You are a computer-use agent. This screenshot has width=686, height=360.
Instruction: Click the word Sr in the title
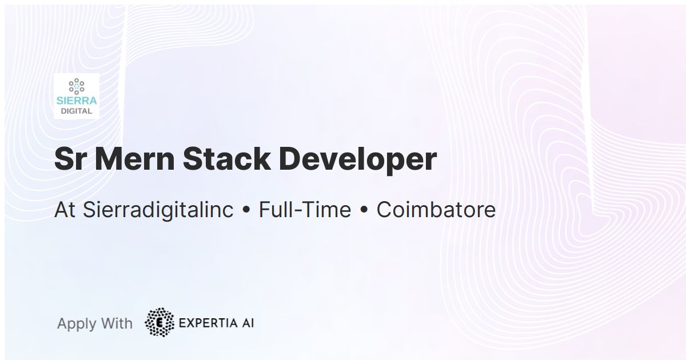[x=69, y=159]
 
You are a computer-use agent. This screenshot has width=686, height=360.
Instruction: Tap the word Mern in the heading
[x=135, y=159]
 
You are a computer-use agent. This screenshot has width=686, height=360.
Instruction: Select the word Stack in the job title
[x=227, y=159]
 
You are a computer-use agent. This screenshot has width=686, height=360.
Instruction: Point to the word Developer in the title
[x=358, y=160]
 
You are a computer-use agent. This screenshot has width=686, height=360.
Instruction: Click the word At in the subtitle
[x=65, y=210]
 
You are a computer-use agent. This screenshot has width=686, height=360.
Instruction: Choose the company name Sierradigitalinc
[x=158, y=211]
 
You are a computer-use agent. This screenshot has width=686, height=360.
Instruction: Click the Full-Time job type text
[x=305, y=210]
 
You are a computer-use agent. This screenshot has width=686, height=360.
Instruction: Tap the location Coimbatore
[x=436, y=210]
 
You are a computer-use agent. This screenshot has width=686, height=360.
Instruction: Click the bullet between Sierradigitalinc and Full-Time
[x=246, y=210]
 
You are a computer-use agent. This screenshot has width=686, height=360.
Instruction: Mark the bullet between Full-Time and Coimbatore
[x=364, y=210]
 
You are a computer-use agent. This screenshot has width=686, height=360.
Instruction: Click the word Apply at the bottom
[x=77, y=324]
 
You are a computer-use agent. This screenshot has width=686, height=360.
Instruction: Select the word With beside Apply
[x=117, y=323]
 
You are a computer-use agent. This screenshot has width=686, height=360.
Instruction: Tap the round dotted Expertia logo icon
[x=159, y=322]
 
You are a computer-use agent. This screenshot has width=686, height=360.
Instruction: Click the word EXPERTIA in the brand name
[x=208, y=323]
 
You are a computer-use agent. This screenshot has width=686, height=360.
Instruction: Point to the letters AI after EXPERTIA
[x=248, y=323]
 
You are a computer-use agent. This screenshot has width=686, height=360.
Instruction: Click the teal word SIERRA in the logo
[x=77, y=101]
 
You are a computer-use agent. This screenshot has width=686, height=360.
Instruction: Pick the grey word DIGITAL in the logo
[x=77, y=111]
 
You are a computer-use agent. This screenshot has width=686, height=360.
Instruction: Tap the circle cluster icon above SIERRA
[x=77, y=86]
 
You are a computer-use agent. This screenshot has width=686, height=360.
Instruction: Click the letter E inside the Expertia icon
[x=159, y=323]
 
